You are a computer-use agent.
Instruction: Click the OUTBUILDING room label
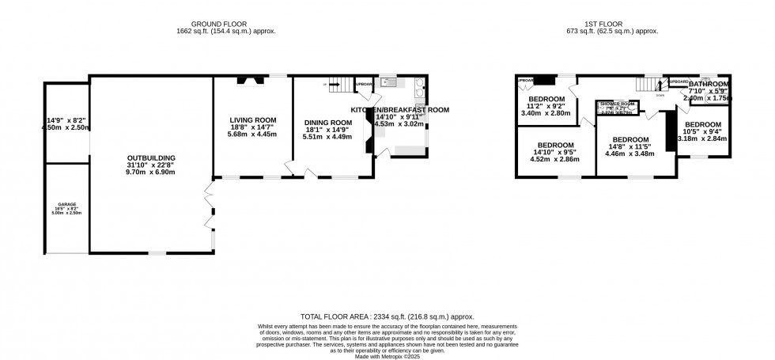point(150,157)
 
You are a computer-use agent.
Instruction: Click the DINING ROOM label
point(327,123)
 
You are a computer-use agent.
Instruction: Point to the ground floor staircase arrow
point(325,84)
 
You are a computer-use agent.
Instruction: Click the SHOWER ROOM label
point(618,104)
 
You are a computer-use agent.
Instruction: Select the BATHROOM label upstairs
point(709,84)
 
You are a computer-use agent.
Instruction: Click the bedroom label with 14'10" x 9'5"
point(554,146)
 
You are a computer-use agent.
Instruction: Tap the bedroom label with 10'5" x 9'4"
point(702,125)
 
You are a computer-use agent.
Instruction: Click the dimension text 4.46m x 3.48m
point(630,153)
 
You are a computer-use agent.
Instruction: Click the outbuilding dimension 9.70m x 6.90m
point(150,172)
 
